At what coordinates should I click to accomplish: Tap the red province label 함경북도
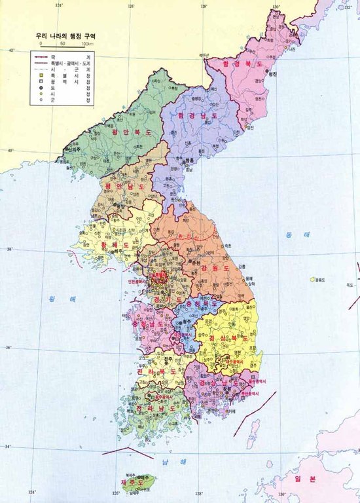tap(243, 64)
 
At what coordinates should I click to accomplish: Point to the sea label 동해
tap(291, 234)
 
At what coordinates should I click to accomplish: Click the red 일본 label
tap(308, 479)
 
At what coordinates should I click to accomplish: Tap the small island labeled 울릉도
tap(313, 280)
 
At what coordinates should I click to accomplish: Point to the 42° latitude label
tap(10, 50)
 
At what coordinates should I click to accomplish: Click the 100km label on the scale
tap(86, 43)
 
